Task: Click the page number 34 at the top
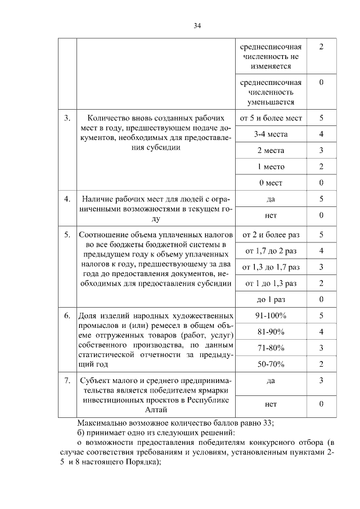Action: coord(197,25)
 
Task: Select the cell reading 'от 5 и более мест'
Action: coord(271,118)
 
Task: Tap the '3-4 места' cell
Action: coord(271,134)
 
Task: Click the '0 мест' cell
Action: coord(271,183)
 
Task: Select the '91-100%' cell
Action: coord(271,316)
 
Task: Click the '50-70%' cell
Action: coord(271,364)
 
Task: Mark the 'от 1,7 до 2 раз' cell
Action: coord(271,250)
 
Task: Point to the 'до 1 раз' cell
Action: coord(271,299)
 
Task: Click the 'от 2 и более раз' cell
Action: coord(271,234)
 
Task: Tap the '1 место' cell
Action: coord(271,166)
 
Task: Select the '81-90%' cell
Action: coord(271,332)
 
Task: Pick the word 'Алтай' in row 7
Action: coord(157,412)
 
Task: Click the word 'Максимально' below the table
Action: coord(101,424)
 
